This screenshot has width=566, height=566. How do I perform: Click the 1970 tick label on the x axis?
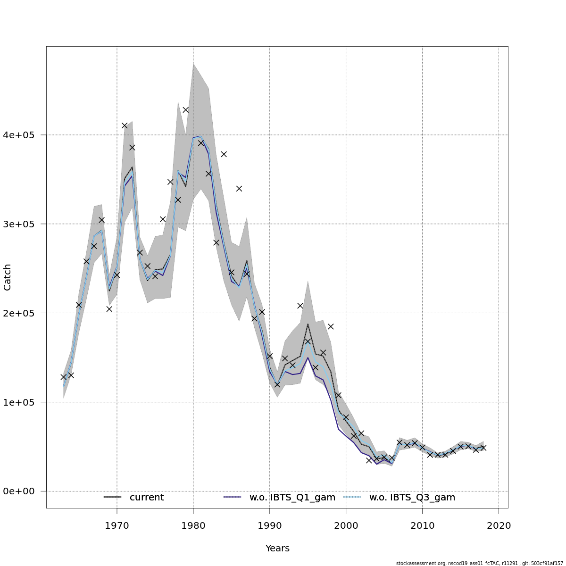[x=117, y=525]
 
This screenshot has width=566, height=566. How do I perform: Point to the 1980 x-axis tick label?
[x=193, y=525]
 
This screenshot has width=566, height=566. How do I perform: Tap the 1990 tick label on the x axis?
[x=269, y=525]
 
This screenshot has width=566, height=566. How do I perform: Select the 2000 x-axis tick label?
[x=346, y=525]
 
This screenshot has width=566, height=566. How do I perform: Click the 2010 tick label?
[x=422, y=525]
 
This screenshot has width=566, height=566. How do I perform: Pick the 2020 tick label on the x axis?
[x=499, y=525]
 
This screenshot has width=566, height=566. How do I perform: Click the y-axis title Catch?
[x=8, y=277]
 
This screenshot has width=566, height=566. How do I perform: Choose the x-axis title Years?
[x=277, y=549]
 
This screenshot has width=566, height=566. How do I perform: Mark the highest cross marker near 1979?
[x=185, y=110]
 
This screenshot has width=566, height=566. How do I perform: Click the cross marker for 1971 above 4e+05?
[x=125, y=125]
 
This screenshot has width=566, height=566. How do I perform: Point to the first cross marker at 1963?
[x=63, y=377]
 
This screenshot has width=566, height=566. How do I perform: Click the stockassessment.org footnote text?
[x=479, y=563]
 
